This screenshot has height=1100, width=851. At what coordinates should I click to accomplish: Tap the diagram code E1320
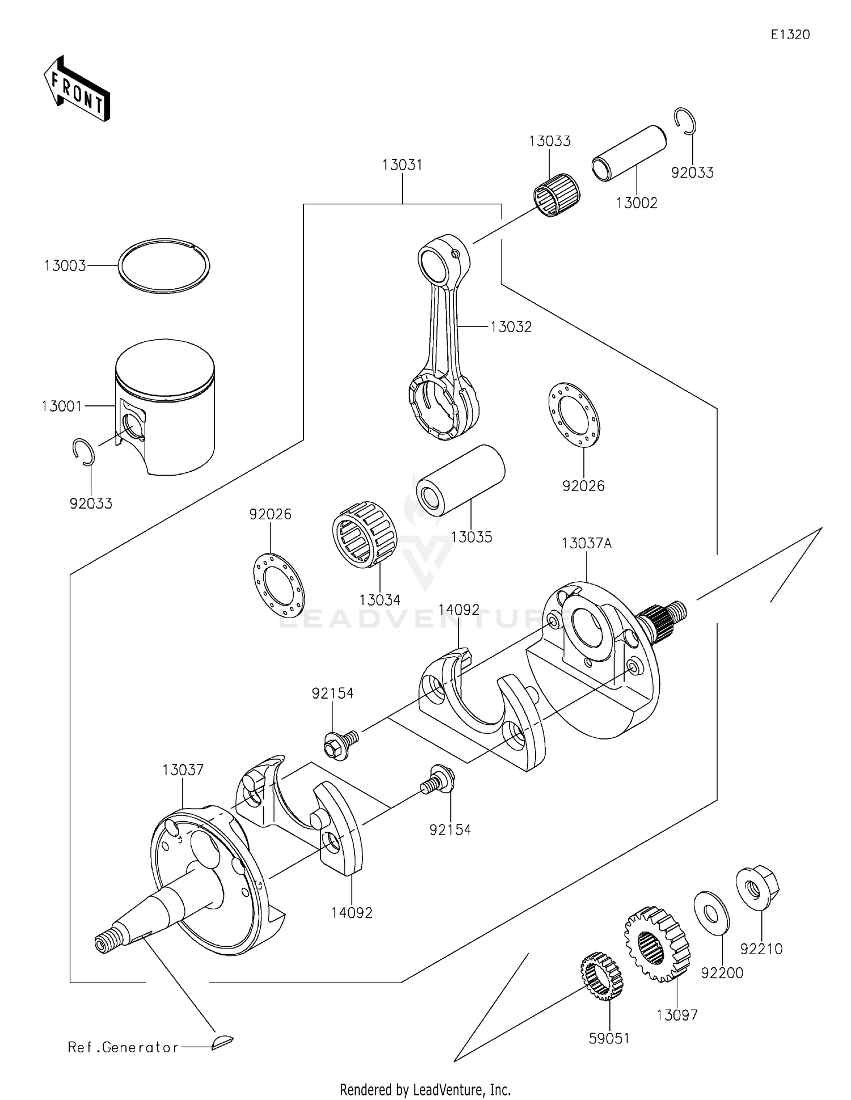coord(790,35)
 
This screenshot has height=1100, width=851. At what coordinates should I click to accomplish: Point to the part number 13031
coord(402,165)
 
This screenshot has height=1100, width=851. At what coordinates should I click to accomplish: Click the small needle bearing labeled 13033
coord(557,195)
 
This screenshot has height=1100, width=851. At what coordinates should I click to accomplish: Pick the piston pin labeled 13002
coord(629,153)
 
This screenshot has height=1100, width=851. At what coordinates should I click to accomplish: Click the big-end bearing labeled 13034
coord(364,534)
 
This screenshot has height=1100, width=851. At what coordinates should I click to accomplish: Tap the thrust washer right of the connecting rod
coord(574,413)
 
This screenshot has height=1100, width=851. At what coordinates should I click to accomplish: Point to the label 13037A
coord(587,543)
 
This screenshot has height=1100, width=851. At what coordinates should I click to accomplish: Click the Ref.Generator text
coord(123,1047)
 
